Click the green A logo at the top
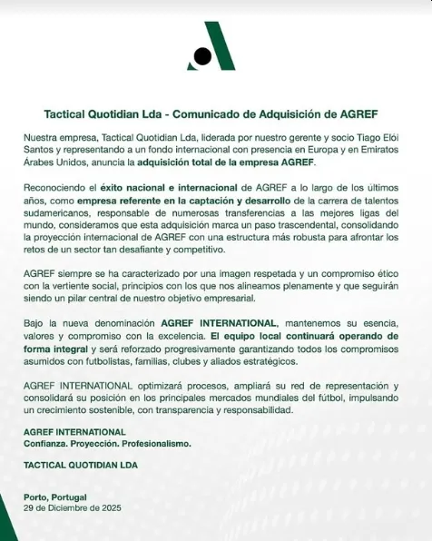(x=214, y=47)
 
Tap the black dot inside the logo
(x=203, y=56)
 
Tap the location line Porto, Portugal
(x=56, y=497)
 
